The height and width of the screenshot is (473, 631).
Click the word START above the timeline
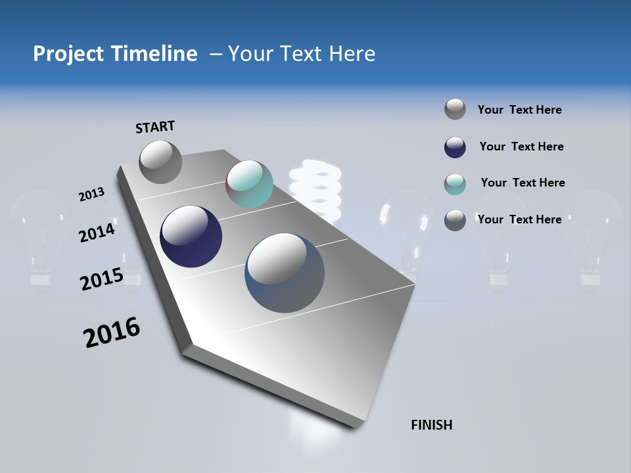155,127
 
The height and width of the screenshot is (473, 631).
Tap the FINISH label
431,425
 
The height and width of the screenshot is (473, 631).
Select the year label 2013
91,194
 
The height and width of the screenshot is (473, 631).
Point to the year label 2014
97,233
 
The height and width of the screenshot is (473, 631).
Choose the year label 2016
112,332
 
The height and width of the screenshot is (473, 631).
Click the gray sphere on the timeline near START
160,162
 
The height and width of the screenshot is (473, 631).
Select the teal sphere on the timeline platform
249,184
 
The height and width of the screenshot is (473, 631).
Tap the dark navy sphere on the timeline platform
191,236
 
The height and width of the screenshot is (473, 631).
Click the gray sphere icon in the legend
455,109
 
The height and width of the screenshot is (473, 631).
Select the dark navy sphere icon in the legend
455,147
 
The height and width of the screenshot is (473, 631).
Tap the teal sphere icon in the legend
455,184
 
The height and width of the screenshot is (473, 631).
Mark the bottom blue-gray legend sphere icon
455,220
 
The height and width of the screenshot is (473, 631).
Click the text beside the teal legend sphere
523,183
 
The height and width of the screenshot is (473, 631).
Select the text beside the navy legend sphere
521,146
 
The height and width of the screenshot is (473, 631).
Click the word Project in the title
68,54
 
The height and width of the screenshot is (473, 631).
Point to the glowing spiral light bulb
315,187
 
